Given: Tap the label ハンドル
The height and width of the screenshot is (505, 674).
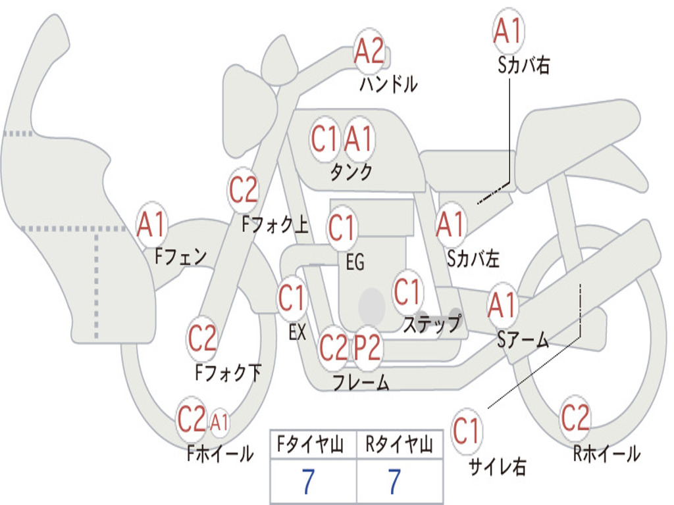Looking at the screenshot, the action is pos(388,84).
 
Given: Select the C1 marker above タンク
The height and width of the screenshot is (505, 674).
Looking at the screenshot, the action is pos(325,139).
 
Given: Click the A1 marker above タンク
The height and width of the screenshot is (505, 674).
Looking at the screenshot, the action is pos(358,139).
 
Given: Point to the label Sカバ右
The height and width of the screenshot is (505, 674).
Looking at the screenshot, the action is pos(523,65).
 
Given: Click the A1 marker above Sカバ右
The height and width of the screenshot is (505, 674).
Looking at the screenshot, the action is pos(509,31).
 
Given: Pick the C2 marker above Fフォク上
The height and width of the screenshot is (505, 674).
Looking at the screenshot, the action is pos(244,189).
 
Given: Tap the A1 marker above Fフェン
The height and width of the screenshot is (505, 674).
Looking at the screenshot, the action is pos(152,224).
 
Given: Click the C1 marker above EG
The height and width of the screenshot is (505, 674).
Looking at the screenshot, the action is pos(342,228).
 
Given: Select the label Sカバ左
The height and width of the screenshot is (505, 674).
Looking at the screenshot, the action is pos(473,259).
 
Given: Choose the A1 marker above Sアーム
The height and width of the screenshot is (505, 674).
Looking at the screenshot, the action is pos(502,305).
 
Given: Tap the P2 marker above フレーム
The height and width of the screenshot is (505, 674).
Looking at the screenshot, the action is pos(367,347).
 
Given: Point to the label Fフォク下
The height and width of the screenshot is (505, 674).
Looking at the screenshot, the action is pos(228,372).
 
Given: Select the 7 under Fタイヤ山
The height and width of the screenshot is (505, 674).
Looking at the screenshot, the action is pos(308,481).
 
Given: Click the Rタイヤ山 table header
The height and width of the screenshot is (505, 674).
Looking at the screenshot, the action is pos(400,445).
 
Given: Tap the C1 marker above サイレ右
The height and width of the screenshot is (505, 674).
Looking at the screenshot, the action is pos(467,431).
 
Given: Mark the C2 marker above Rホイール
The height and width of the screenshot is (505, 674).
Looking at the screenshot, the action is pos(575,418).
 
